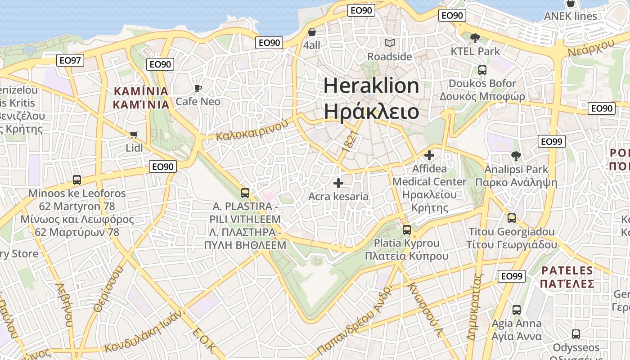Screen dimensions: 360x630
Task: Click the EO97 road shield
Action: [71, 60]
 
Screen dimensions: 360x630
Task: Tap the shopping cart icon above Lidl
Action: [134, 135]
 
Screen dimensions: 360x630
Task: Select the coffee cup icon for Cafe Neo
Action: [198, 88]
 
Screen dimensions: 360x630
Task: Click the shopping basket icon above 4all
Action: [311, 32]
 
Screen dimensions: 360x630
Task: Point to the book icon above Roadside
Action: [389, 43]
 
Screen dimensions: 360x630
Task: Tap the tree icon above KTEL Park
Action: [475, 38]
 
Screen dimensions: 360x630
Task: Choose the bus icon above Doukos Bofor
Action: [482, 70]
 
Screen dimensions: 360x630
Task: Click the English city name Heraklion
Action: [371, 85]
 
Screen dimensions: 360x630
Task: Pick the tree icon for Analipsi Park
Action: [516, 156]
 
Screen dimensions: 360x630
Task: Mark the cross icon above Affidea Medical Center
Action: [429, 155]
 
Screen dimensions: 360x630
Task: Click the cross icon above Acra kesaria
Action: [338, 183]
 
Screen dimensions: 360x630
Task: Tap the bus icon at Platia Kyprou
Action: [407, 230]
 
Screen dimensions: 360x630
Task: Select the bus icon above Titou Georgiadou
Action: [512, 218]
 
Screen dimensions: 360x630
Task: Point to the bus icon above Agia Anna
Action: [517, 310]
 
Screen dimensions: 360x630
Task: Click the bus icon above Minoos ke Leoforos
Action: [77, 180]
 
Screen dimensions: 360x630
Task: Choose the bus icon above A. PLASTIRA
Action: [245, 193]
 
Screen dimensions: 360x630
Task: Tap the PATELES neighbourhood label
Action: [567, 270]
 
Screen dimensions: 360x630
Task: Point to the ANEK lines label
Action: [570, 17]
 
